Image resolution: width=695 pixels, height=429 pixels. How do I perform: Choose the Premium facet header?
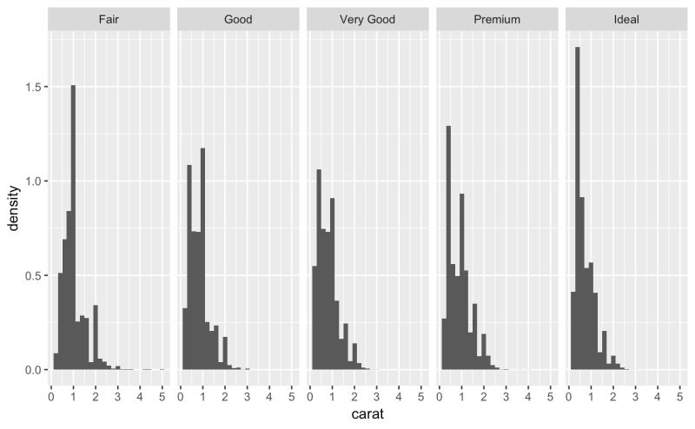[x=495, y=18]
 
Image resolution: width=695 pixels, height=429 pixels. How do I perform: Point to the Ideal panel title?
[x=625, y=18]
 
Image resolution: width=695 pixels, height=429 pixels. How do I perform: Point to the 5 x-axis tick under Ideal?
[x=679, y=393]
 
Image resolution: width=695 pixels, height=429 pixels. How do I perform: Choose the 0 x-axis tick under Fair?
[x=51, y=393]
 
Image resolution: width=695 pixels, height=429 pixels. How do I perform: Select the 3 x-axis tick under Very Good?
[x=377, y=393]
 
